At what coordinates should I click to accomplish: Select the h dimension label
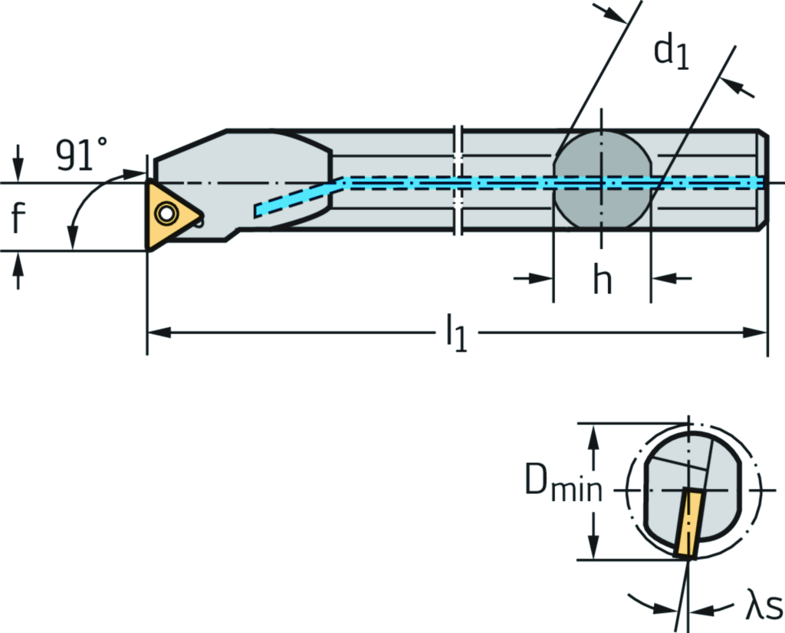point(603,281)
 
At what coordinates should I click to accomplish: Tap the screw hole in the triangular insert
point(164,212)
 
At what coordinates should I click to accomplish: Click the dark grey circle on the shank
point(602,183)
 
